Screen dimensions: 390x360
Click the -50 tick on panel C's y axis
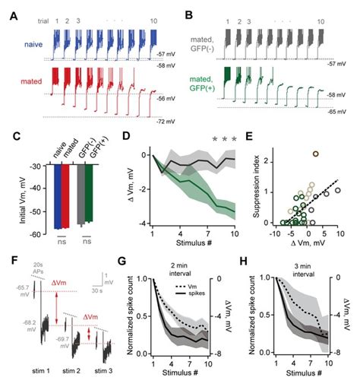click(x=36, y=208)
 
